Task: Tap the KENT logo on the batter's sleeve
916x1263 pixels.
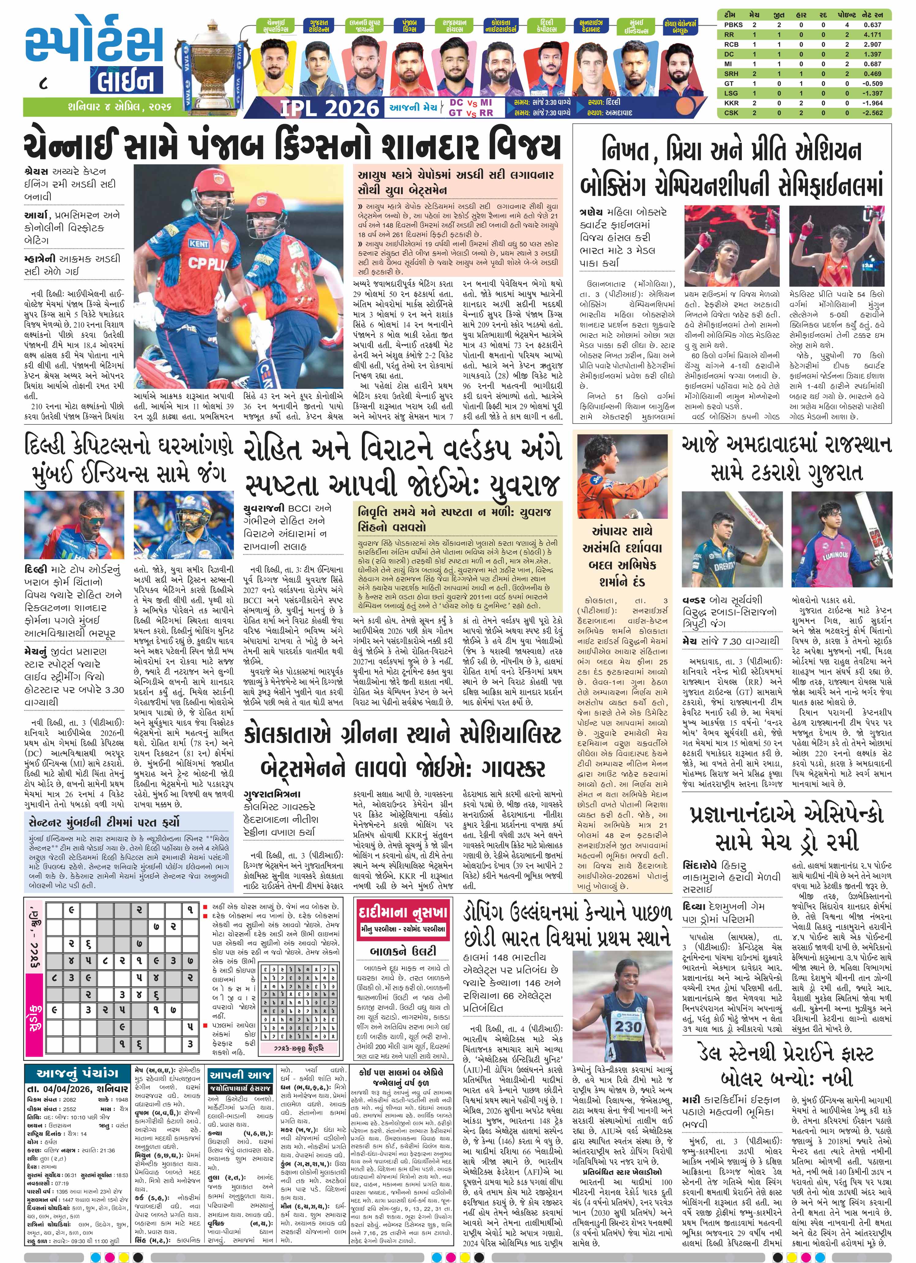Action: tap(199, 243)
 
